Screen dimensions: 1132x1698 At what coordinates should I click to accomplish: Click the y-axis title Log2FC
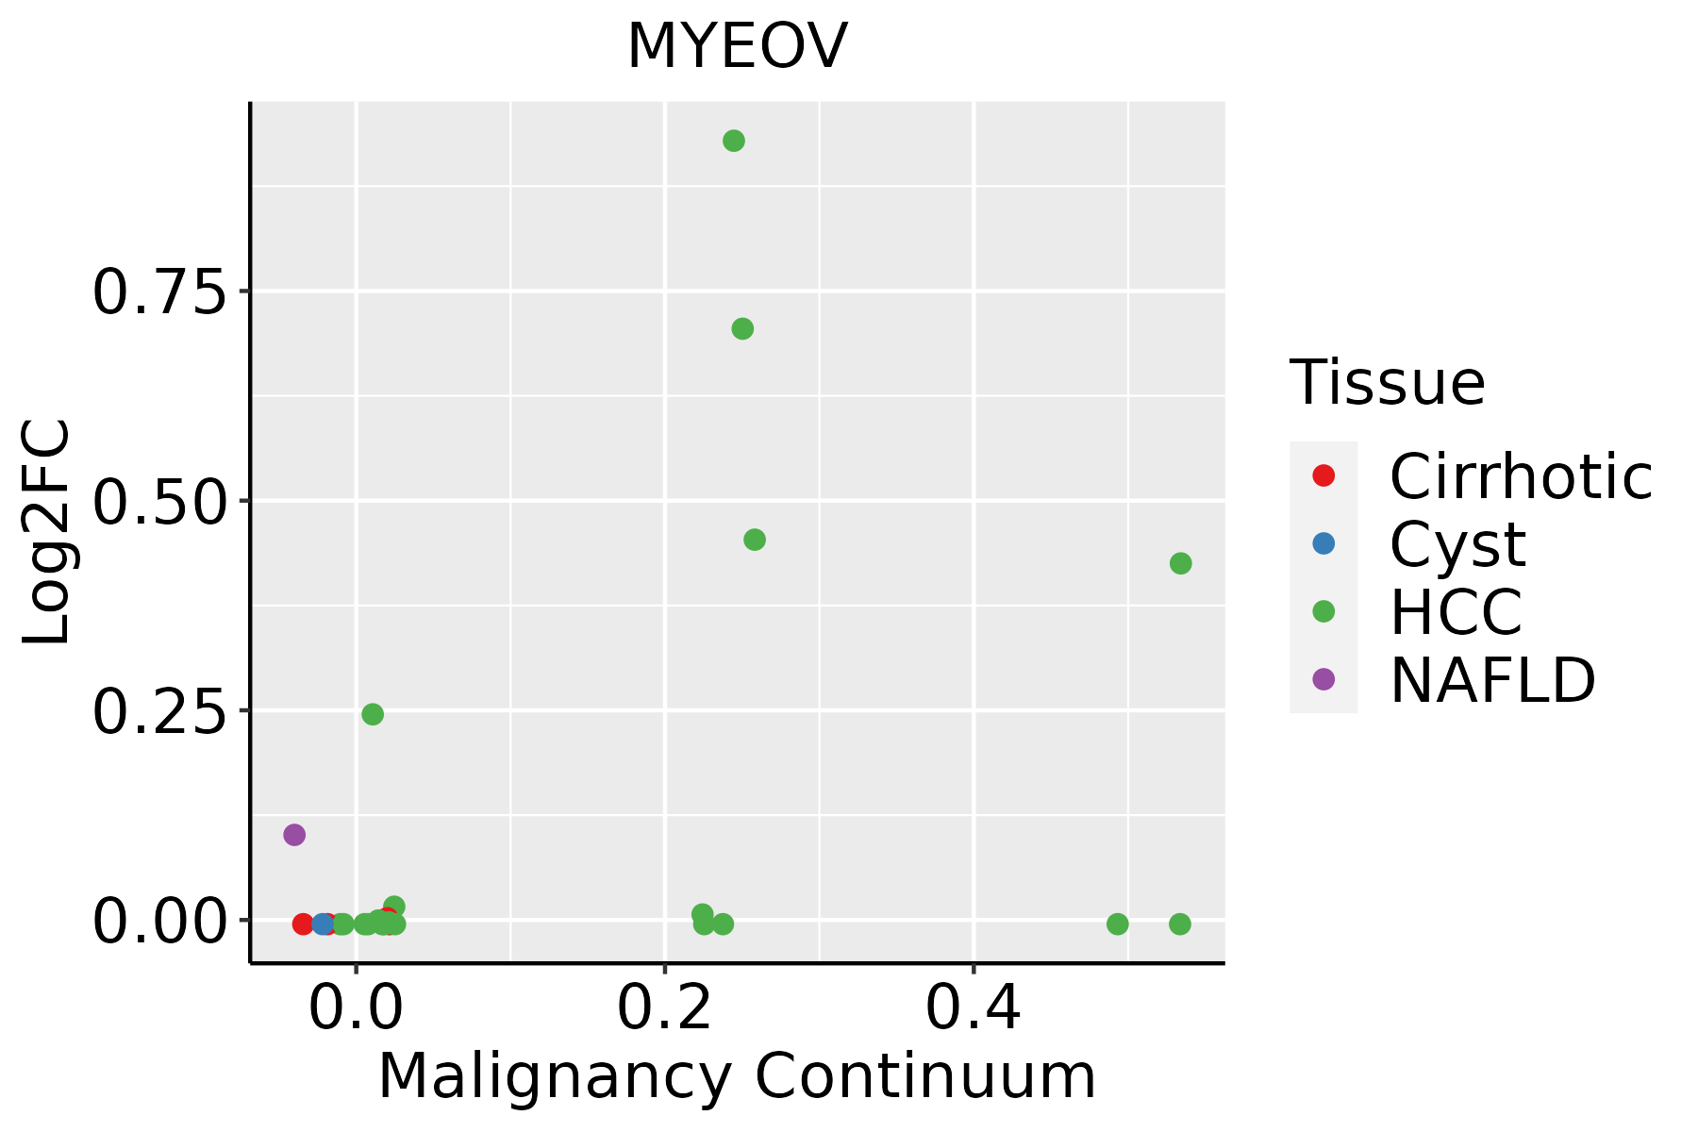click(47, 532)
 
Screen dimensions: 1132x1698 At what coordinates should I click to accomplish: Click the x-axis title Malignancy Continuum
click(737, 1076)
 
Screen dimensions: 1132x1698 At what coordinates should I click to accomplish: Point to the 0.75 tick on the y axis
click(160, 292)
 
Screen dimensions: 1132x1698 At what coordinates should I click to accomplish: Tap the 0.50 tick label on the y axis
click(160, 502)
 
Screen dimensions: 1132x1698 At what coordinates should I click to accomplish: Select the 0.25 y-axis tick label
click(160, 712)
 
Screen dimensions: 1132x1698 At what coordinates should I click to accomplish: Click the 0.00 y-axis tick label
click(160, 922)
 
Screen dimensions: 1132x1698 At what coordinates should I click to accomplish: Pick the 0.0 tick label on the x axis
click(356, 1008)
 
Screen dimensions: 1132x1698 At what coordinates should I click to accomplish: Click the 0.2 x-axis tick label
click(664, 1008)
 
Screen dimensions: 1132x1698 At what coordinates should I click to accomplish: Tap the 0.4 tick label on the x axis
click(973, 1008)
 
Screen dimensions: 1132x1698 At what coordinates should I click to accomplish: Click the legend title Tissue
click(1387, 383)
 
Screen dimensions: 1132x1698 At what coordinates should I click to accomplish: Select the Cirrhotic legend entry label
click(1521, 476)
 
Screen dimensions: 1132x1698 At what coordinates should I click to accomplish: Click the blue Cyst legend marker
click(1323, 543)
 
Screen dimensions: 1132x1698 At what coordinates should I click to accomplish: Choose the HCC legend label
click(1456, 611)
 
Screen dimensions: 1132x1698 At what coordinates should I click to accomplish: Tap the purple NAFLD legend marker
click(1323, 678)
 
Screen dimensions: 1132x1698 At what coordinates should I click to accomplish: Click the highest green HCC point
click(734, 141)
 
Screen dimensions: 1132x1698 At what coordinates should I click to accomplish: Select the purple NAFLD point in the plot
click(294, 835)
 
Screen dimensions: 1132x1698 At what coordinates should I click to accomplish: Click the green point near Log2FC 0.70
click(742, 329)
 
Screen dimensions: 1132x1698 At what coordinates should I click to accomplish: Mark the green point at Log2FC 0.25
click(373, 714)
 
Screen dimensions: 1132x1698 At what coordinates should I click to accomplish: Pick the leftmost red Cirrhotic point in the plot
click(303, 924)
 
